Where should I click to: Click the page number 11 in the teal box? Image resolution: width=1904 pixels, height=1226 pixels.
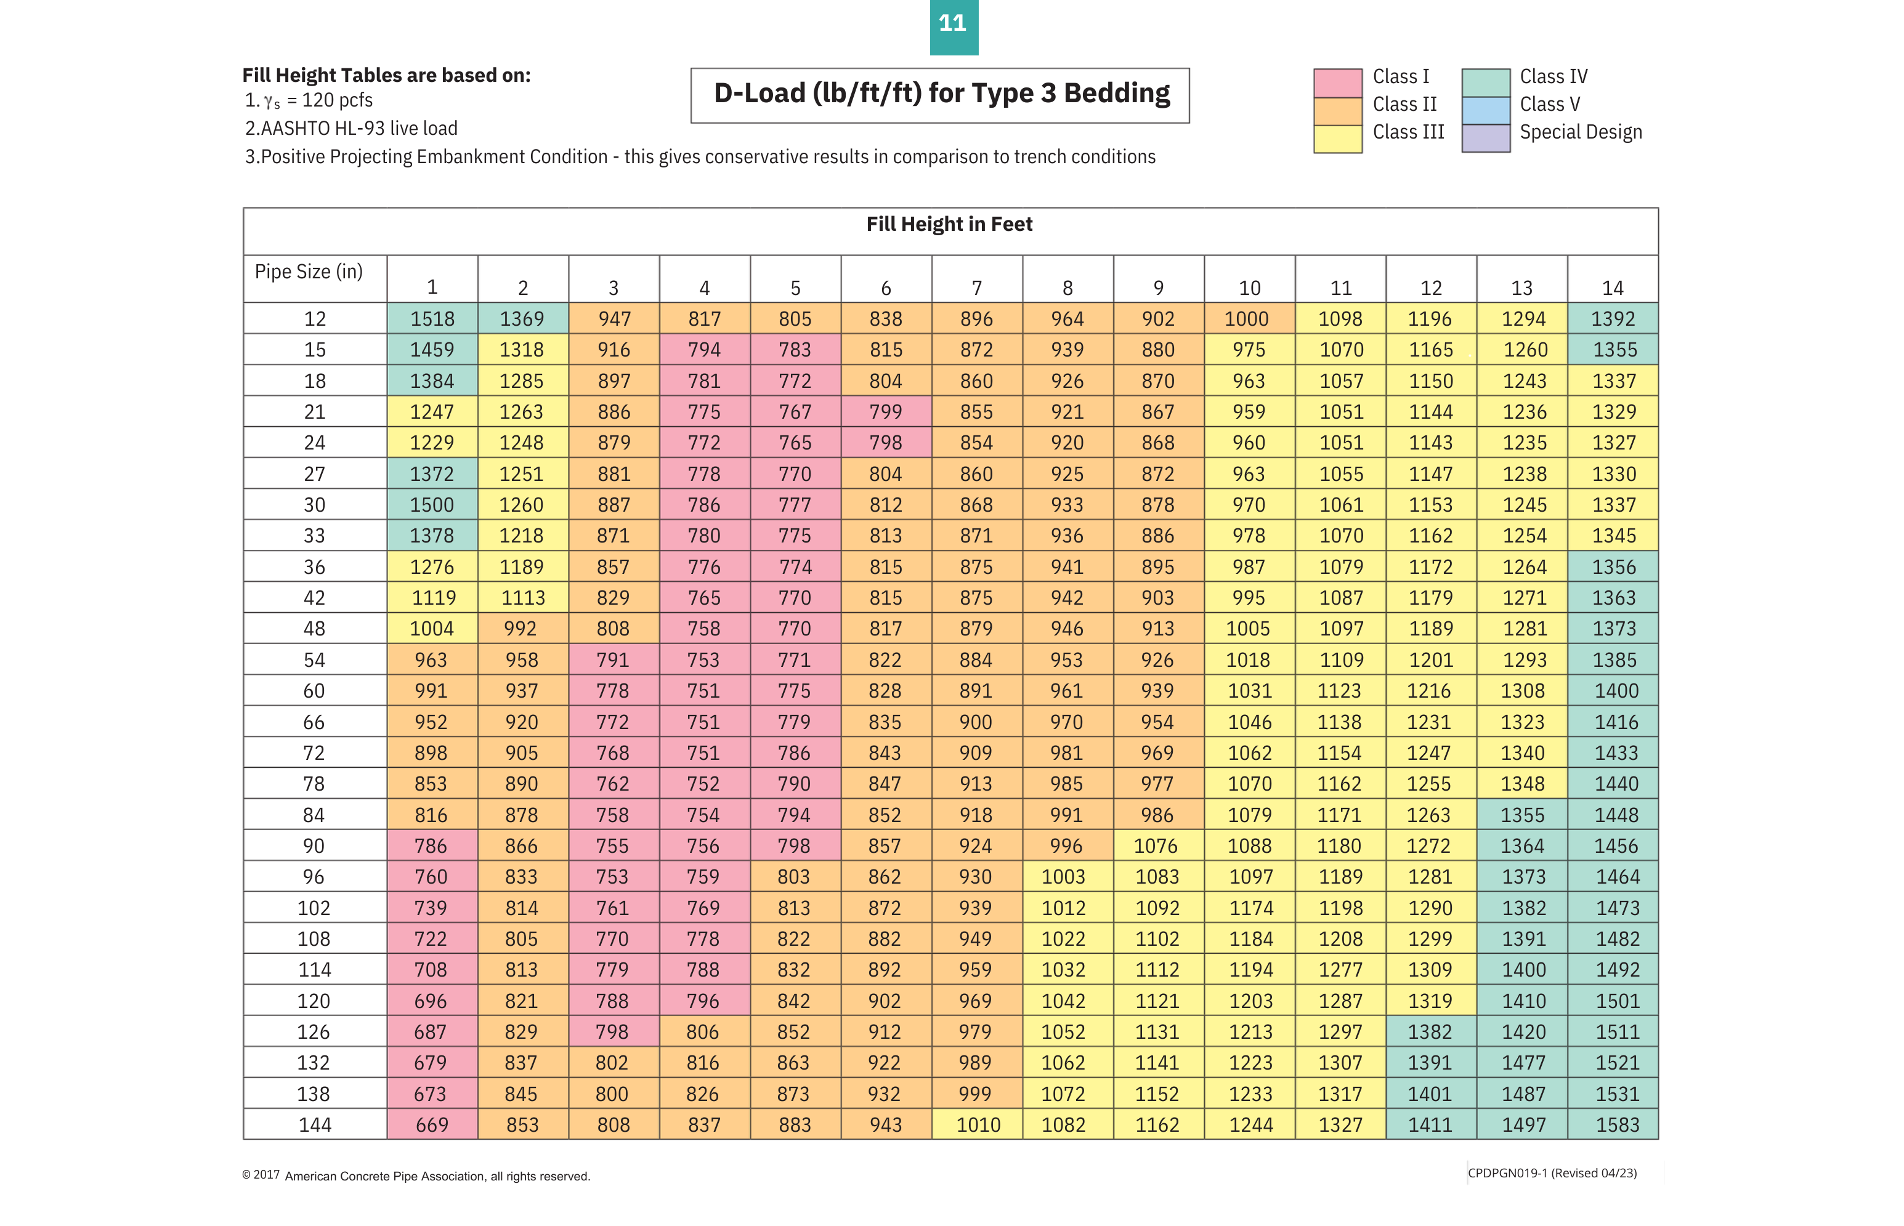(x=953, y=24)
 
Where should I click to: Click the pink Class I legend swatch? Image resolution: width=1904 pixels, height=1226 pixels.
(x=1337, y=83)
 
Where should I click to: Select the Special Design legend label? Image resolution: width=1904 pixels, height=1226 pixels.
(x=1580, y=132)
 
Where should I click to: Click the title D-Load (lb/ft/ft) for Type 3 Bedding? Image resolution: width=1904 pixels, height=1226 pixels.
(x=941, y=94)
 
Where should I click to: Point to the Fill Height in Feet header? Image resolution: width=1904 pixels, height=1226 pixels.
(x=949, y=225)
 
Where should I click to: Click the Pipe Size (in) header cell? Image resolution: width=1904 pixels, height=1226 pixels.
(x=309, y=272)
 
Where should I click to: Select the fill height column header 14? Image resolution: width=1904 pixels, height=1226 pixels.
(x=1612, y=288)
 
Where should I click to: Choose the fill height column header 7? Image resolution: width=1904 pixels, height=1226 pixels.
(x=976, y=288)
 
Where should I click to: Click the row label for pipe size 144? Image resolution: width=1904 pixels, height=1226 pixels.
(x=315, y=1125)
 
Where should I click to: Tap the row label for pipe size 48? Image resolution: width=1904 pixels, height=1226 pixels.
(x=315, y=629)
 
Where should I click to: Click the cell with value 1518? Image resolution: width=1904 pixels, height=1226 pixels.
(x=432, y=319)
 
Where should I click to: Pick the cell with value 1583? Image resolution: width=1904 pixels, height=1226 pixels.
(x=1616, y=1125)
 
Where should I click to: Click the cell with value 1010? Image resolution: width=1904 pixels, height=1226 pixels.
(x=978, y=1125)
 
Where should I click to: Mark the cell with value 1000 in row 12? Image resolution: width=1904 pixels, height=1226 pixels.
(x=1246, y=319)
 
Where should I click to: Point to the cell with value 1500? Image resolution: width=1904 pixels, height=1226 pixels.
(x=432, y=505)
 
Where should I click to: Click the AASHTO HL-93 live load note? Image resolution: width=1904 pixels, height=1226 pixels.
(x=351, y=129)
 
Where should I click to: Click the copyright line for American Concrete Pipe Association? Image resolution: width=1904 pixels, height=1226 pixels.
(x=416, y=1176)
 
